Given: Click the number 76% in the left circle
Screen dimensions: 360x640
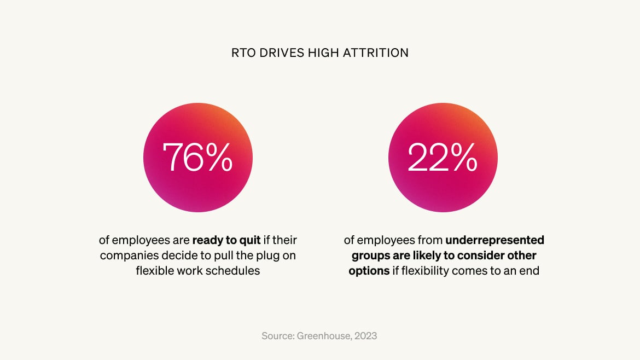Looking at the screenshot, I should tap(197, 157).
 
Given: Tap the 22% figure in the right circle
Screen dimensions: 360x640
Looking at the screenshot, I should tap(443, 157).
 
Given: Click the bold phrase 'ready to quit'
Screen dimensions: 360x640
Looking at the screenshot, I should tap(227, 240).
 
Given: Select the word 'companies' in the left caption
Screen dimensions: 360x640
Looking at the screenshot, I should tap(124, 256).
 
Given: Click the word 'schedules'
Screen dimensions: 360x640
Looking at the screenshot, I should tap(234, 271).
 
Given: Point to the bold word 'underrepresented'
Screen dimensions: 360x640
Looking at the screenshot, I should tap(495, 240).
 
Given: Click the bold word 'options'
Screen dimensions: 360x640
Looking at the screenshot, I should tap(369, 271).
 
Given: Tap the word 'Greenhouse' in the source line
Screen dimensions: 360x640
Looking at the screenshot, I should tap(323, 335).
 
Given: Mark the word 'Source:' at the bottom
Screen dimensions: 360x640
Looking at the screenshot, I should tap(279, 335).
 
